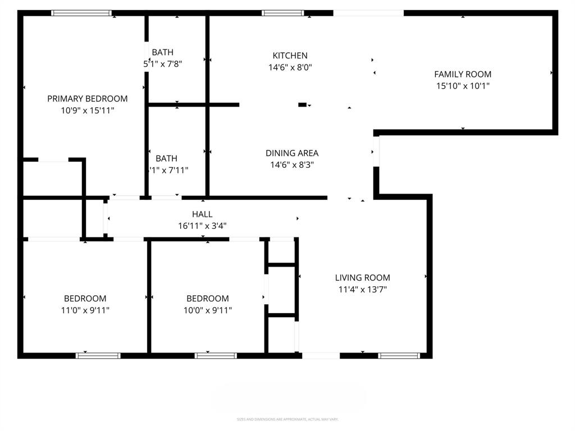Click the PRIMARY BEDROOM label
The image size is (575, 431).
click(x=87, y=99)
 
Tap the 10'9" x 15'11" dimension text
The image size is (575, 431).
click(x=87, y=111)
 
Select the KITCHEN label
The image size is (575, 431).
click(x=290, y=56)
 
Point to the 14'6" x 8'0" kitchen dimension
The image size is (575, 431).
click(x=290, y=67)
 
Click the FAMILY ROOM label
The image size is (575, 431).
click(x=463, y=74)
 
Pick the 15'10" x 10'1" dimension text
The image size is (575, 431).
click(x=463, y=86)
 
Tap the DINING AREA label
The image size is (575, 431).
click(x=291, y=153)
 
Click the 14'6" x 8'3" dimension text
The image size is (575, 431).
click(x=291, y=165)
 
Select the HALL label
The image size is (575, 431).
click(x=202, y=214)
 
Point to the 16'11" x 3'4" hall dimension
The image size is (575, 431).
click(x=202, y=226)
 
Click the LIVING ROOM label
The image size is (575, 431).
click(x=362, y=278)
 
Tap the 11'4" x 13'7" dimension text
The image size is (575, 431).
click(x=362, y=290)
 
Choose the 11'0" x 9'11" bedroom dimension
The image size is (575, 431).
click(x=85, y=310)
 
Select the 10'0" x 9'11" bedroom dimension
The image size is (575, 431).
click(x=208, y=310)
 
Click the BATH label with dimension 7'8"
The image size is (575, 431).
click(x=162, y=53)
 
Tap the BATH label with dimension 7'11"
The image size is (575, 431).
click(x=166, y=159)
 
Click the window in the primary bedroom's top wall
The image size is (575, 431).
click(x=81, y=13)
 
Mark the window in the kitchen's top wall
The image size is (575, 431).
click(x=283, y=13)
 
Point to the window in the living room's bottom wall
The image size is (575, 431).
click(x=399, y=355)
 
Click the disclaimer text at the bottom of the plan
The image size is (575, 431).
click(x=287, y=419)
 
